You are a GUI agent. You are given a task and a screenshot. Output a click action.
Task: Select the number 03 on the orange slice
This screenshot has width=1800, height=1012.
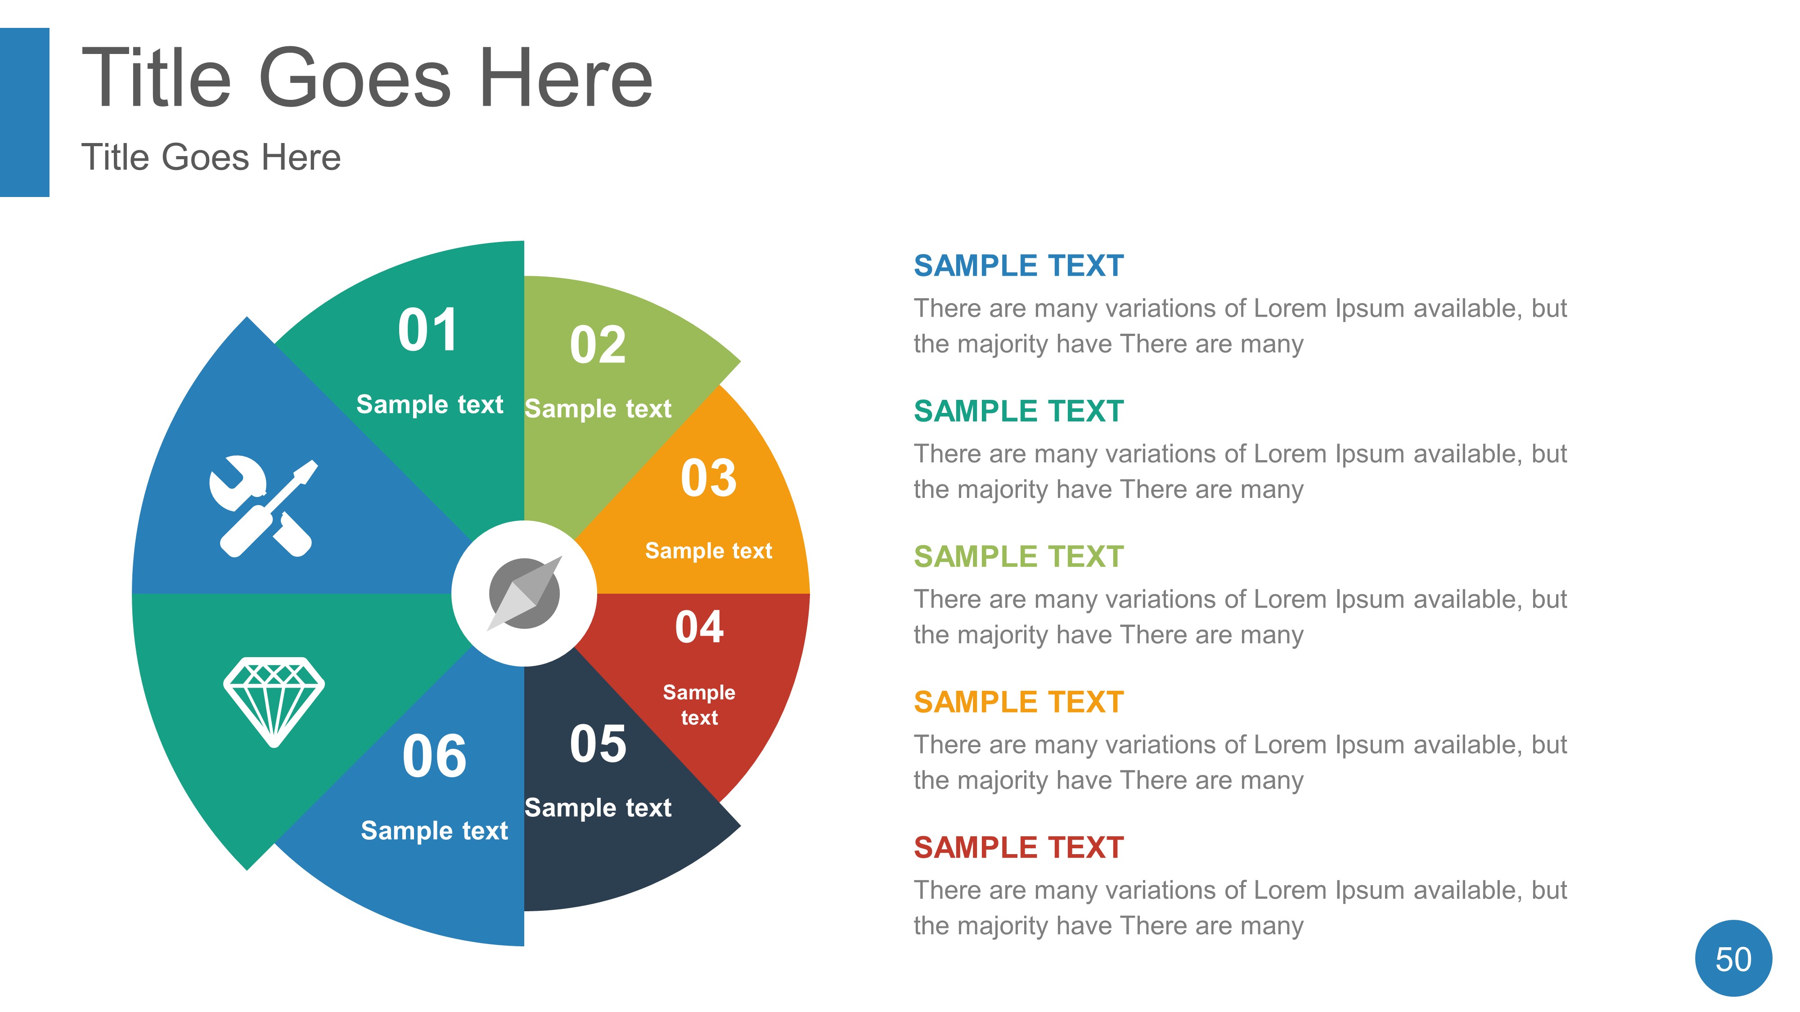coord(709,479)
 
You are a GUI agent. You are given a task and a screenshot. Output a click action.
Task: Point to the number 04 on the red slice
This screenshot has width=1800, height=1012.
coord(699,627)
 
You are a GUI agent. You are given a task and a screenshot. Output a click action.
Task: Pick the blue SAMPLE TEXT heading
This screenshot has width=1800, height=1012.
coord(1018,266)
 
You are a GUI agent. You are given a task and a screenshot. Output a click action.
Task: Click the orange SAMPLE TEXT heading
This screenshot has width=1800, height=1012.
coord(1018,702)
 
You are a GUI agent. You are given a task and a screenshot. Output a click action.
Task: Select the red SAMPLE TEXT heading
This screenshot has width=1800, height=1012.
coord(1018,847)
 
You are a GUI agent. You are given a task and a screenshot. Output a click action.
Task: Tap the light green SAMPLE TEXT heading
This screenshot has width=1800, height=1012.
coord(1018,557)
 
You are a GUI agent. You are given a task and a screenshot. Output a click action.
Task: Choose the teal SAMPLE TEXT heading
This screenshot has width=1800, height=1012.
coord(1018,412)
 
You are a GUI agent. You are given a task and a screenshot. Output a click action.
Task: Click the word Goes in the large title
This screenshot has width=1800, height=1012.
coord(355,78)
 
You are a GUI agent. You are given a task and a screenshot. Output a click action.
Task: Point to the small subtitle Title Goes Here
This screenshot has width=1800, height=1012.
coord(211,157)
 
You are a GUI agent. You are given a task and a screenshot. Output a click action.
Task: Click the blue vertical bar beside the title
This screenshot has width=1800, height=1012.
coord(24,112)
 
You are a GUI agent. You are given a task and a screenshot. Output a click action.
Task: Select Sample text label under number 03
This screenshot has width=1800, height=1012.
coord(709,551)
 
